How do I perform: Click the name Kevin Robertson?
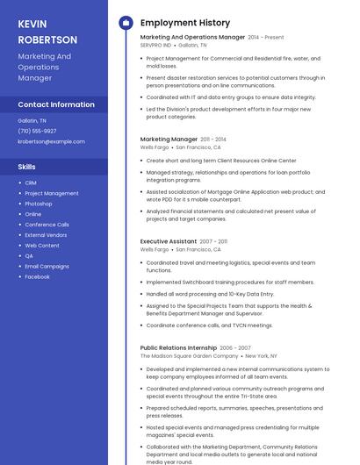coord(47,32)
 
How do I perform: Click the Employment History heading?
coord(184,23)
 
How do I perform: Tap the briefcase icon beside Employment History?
coord(125,23)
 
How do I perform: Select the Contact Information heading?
coord(56,104)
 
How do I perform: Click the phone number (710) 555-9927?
coord(37,131)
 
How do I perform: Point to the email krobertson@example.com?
coord(51,141)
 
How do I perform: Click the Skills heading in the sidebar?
coord(27,166)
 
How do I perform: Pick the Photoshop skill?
coord(39,204)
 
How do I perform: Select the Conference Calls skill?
coord(47,225)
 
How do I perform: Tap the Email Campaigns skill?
coord(47,266)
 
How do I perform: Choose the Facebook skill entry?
coord(37,276)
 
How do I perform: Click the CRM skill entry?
coord(31,182)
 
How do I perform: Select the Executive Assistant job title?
coord(169,241)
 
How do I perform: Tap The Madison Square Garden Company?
coord(189,356)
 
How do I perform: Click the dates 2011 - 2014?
coord(213,139)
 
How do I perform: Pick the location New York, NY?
coord(261,356)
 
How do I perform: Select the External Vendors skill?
coord(46,235)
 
